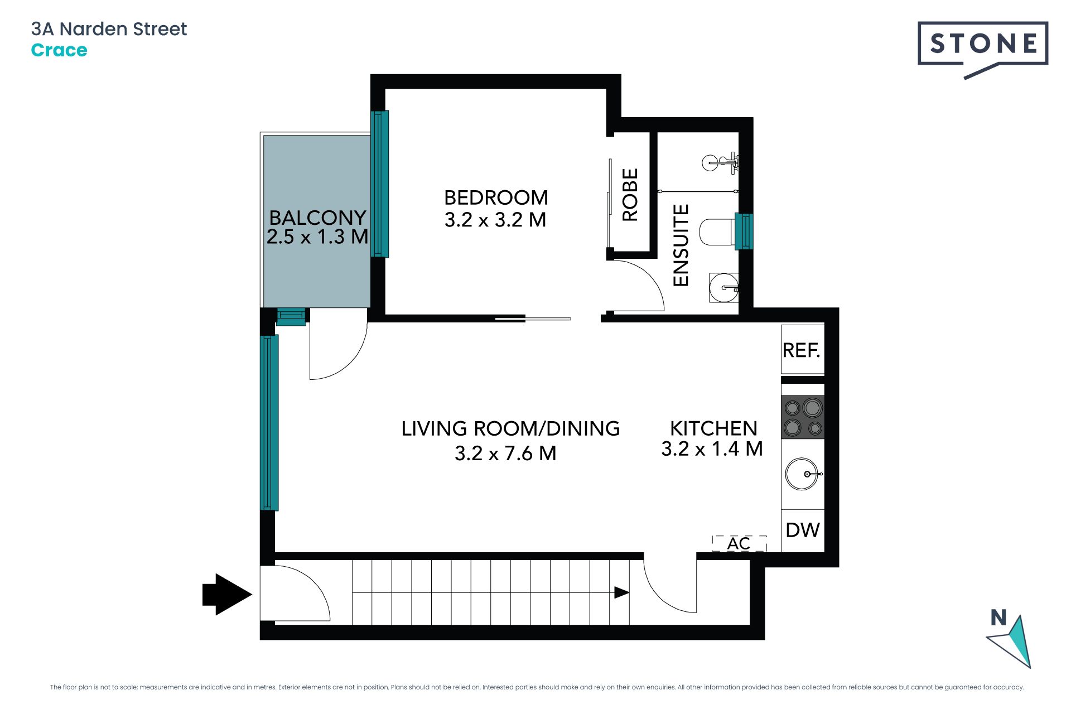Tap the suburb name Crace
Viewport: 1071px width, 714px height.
click(59, 50)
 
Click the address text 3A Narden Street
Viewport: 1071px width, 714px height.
click(109, 29)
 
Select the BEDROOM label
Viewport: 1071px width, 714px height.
click(496, 197)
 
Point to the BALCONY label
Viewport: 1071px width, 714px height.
click(317, 217)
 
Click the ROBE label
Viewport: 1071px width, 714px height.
click(630, 195)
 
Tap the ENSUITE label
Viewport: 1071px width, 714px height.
click(681, 245)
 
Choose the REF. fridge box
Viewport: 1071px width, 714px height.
click(802, 350)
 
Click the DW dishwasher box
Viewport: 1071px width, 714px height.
click(803, 530)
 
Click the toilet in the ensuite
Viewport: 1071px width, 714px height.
click(717, 232)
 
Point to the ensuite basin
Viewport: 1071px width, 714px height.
click(724, 288)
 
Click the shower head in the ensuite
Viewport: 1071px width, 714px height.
click(720, 163)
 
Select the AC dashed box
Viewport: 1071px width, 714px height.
click(739, 543)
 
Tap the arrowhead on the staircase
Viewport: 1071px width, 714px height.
click(622, 592)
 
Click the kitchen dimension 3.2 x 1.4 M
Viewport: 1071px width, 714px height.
click(712, 448)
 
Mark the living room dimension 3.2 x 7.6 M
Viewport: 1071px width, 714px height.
click(505, 454)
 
